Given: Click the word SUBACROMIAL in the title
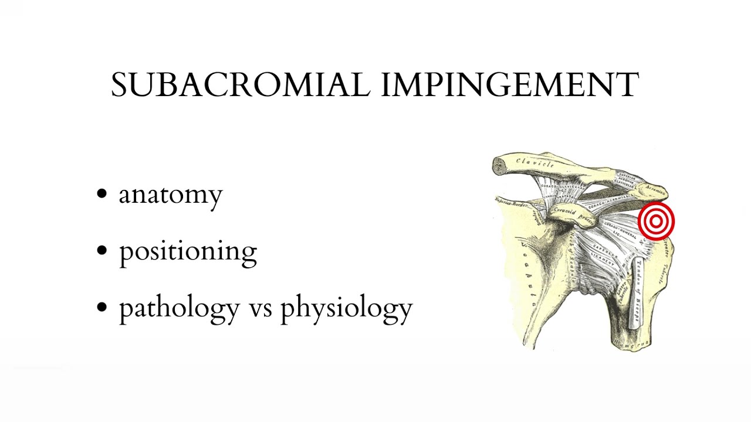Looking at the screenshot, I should point(241,85).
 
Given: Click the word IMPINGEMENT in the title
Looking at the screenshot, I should point(510,85).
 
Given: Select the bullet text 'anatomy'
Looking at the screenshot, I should point(171,195).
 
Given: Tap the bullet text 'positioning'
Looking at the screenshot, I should point(188,251).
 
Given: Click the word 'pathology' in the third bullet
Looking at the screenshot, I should point(179,308).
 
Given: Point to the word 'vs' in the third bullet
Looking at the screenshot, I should point(260,308).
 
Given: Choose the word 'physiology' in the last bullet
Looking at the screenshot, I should point(346,308).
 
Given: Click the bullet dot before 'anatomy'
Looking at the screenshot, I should point(103,193).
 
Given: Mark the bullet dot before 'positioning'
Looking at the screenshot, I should point(103,250).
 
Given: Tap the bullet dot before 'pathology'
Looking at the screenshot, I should point(103,307).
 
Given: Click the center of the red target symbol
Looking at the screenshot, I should point(656,222).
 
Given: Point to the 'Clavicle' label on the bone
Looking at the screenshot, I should point(535,164).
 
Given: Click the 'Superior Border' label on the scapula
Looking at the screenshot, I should point(512,202).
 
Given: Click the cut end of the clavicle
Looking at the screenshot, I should point(499,166).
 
